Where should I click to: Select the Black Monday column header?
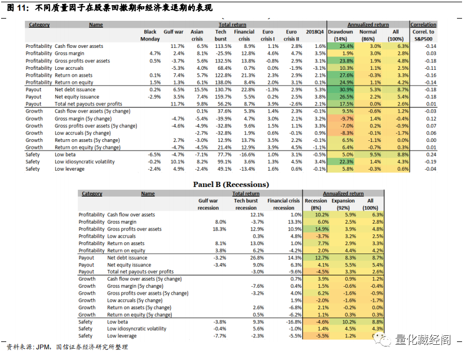coord(150,35)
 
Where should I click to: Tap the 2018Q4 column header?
coord(316,32)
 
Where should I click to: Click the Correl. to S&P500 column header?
coord(423,35)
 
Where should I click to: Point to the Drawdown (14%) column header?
coord(341,35)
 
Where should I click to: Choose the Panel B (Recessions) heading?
coord(231,184)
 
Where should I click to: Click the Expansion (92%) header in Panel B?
coord(344,204)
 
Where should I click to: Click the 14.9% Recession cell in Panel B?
coord(322,229)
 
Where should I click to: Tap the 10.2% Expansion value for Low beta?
coord(349,322)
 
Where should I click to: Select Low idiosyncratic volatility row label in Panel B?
coord(136,329)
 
